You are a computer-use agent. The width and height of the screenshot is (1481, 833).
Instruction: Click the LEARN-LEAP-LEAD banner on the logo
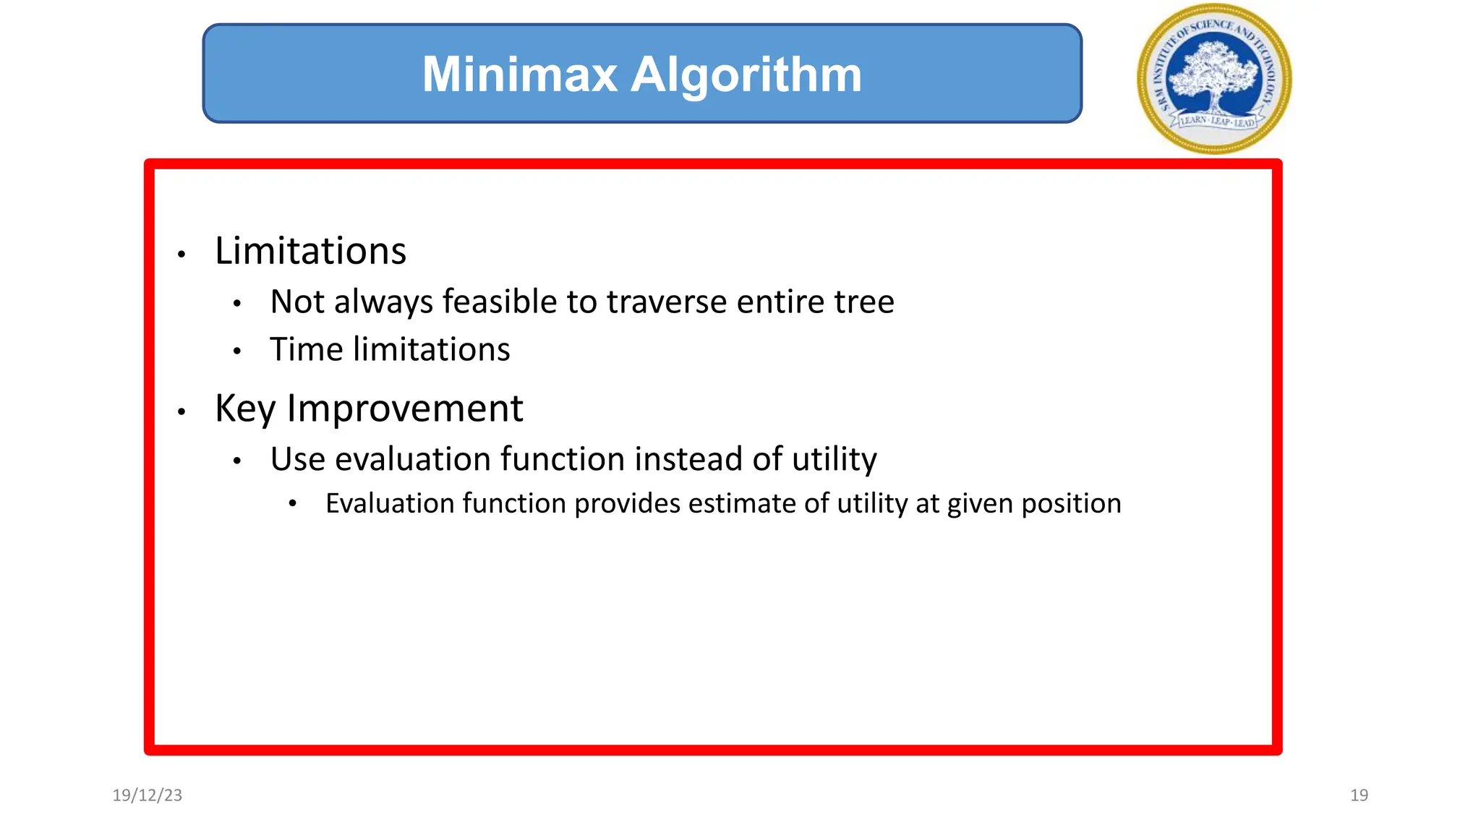pyautogui.click(x=1216, y=121)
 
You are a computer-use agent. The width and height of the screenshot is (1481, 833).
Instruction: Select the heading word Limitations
pyautogui.click(x=310, y=251)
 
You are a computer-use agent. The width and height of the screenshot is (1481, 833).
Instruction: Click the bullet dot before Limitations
pyautogui.click(x=182, y=255)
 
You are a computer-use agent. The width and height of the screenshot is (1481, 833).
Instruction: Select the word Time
pyautogui.click(x=306, y=349)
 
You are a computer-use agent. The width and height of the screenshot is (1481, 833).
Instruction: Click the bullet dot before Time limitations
pyautogui.click(x=236, y=352)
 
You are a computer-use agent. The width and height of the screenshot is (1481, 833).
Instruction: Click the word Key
pyautogui.click(x=245, y=409)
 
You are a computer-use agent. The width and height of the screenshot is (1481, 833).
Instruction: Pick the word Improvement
pyautogui.click(x=405, y=409)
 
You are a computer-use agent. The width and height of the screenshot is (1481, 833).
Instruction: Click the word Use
pyautogui.click(x=297, y=459)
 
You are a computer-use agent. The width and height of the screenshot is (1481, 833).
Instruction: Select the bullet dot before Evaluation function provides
pyautogui.click(x=292, y=504)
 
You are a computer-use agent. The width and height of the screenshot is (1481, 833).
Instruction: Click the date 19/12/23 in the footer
pyautogui.click(x=148, y=795)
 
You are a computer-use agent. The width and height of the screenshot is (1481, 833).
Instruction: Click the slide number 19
pyautogui.click(x=1359, y=795)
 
